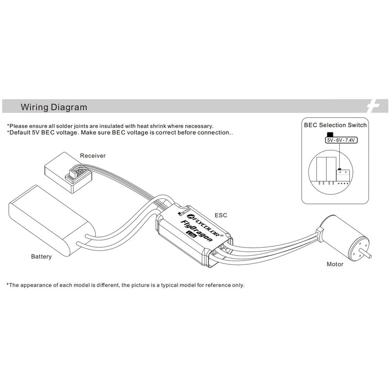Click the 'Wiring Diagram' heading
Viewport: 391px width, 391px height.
[54, 107]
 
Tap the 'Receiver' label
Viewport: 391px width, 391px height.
[93, 155]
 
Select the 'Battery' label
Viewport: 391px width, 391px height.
[42, 257]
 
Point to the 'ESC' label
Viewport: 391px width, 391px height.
[221, 215]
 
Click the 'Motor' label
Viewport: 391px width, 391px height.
[335, 264]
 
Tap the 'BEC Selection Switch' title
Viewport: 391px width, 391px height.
[335, 125]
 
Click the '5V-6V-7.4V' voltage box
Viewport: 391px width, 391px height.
[341, 140]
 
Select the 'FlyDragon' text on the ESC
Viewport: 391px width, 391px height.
[196, 231]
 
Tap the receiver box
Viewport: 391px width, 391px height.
[68, 173]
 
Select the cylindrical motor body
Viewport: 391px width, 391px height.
[344, 238]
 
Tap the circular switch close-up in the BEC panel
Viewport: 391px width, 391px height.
[331, 172]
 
